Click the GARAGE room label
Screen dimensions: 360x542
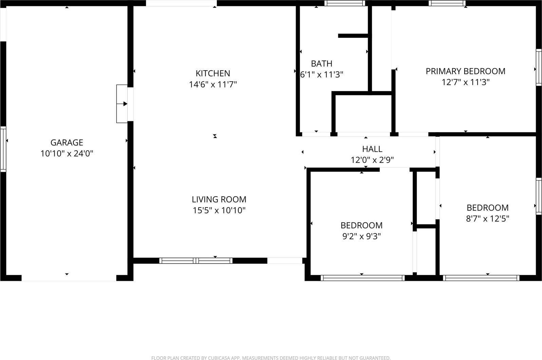(67, 143)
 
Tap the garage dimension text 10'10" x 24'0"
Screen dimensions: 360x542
(67, 154)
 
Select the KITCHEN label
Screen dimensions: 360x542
(213, 73)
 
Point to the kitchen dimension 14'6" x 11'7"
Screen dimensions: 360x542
(213, 84)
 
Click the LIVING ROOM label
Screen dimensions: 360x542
(219, 199)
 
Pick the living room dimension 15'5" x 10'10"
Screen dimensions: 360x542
(219, 210)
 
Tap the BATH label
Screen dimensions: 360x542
(321, 64)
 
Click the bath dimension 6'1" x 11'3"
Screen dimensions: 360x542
(322, 74)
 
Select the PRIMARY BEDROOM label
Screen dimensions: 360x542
(465, 71)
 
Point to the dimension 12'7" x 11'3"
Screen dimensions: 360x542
(465, 82)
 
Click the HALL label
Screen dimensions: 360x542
(372, 149)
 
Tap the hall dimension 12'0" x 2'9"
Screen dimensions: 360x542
(372, 160)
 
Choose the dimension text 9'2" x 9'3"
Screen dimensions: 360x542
(361, 236)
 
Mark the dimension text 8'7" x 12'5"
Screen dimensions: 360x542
(487, 219)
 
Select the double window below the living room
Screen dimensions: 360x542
(196, 261)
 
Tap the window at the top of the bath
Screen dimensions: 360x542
(344, 3)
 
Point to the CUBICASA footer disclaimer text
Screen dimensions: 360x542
(270, 358)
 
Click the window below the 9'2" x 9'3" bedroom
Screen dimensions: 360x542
(362, 278)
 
